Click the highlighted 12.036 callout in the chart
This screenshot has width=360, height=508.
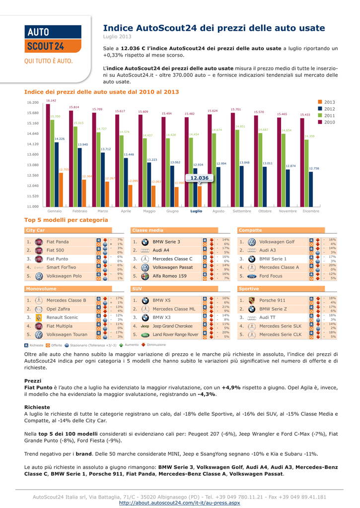tap(199, 178)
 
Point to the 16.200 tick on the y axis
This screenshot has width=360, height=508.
tap(32, 102)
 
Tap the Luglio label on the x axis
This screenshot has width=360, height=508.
tap(196, 211)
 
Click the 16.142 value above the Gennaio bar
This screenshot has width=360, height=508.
tap(51, 100)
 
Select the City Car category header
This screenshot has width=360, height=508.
tap(35, 230)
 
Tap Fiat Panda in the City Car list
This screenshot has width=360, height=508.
tap(58, 242)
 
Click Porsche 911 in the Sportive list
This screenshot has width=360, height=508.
tap(273, 300)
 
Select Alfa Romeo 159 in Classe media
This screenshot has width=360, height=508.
tap(170, 276)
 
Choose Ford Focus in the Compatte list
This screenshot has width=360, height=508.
tap(271, 276)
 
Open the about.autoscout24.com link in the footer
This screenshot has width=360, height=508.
tap(180, 503)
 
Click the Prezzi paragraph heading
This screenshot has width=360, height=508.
tap(33, 381)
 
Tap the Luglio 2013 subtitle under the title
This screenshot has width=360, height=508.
tap(117, 37)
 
